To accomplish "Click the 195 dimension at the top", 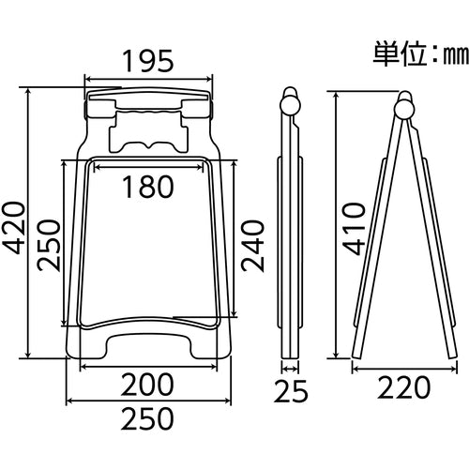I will point(148,63).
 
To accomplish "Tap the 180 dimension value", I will point(147,188).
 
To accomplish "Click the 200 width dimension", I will point(147,385).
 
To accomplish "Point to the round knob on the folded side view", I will point(292,101).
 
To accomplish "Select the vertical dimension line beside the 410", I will point(331,225).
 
